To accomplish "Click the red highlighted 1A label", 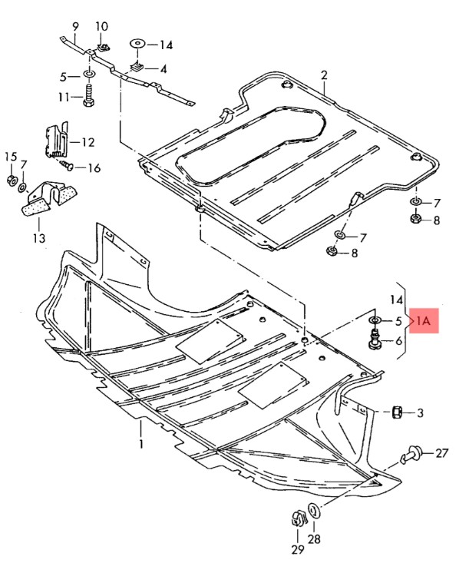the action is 424,320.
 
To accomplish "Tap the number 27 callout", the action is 442,453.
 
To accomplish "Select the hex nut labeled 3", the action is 396,412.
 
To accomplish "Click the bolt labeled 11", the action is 88,94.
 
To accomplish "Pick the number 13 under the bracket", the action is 39,237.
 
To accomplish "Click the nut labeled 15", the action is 12,179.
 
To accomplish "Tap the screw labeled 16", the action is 66,166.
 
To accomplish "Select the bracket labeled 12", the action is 56,140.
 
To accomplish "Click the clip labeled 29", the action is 299,518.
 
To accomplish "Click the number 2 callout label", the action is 324,75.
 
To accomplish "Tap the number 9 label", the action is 75,27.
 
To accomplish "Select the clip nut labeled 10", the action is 104,46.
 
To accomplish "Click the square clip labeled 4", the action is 137,66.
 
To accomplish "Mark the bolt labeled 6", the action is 375,340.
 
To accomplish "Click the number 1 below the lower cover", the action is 141,443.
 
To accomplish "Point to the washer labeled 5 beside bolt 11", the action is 88,75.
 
